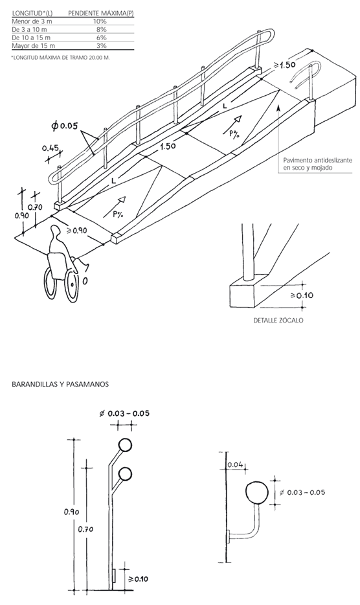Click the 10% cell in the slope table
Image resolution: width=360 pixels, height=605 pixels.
pos(100,21)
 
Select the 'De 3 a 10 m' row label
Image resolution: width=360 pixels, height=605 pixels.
pos(29,29)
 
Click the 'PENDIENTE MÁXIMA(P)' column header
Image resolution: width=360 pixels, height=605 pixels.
pos(101,13)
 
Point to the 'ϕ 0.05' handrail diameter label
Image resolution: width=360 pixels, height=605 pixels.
pos(65,126)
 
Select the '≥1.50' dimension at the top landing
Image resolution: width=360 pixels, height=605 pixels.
pos(284,65)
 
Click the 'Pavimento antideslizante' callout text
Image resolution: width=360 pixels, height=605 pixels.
pos(317,160)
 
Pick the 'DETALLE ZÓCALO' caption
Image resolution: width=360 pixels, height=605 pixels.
pos(278,320)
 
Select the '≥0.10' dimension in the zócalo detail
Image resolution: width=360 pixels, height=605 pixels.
pos(302,295)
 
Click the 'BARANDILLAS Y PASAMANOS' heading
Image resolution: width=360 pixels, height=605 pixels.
pos(60,384)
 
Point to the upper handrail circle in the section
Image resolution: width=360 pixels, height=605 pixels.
pos(126,445)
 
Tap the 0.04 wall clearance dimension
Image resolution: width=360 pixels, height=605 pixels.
pos(235,464)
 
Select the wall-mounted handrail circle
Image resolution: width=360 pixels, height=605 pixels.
pos(257,493)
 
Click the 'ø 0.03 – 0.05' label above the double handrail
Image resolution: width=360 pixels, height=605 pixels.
pos(124,413)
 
